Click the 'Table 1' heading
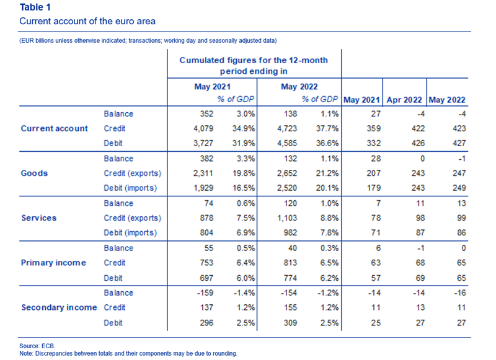[x=35, y=7]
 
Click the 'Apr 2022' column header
[x=404, y=100]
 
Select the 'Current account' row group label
[x=55, y=128]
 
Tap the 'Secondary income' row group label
[x=59, y=307]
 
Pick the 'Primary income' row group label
[x=53, y=263]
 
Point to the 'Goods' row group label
[x=34, y=173]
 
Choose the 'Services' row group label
[x=39, y=217]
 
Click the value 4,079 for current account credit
[x=203, y=129]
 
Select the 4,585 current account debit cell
[x=287, y=143]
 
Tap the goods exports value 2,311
[x=203, y=173]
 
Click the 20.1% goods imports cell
[x=327, y=188]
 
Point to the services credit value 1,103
[x=287, y=217]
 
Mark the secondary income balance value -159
[x=205, y=292]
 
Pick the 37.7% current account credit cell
[x=327, y=129]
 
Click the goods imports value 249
[x=459, y=188]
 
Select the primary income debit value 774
[x=290, y=278]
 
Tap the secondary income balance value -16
[x=459, y=292]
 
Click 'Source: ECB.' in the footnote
[x=37, y=346]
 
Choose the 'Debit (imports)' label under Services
[x=130, y=233]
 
